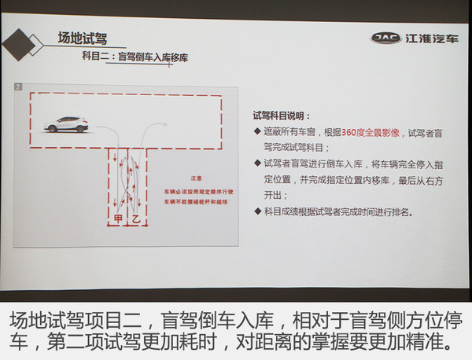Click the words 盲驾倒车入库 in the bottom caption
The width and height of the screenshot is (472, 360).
(233, 321)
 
